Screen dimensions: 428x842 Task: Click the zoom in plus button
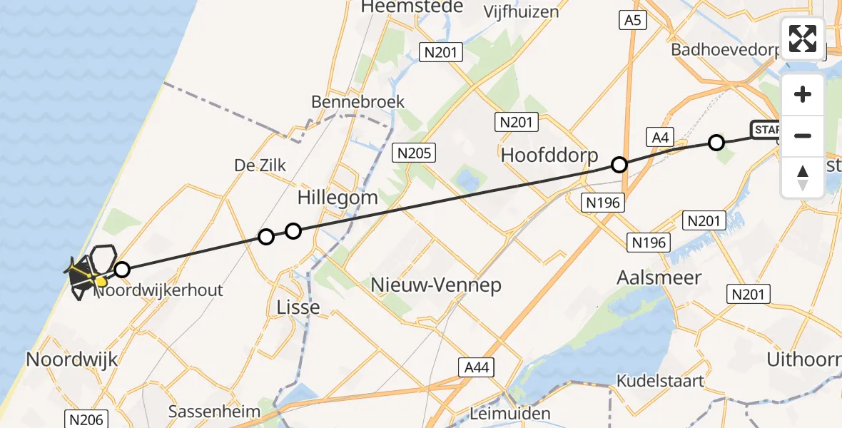[803, 94]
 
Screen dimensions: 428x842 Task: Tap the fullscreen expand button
[803, 39]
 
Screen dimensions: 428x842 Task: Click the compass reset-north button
[803, 177]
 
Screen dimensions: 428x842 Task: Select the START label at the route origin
[766, 130]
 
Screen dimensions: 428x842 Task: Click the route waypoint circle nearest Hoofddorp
[619, 165]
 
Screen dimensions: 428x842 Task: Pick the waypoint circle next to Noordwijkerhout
[122, 270]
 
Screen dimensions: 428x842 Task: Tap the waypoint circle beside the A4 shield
[716, 143]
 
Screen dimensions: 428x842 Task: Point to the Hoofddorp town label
[549, 155]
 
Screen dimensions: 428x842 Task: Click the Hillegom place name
[338, 198]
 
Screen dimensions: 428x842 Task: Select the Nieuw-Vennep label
[436, 285]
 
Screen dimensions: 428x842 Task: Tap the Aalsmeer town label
[659, 277]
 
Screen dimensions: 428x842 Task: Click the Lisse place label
[298, 307]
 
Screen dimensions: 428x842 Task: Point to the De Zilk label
[260, 165]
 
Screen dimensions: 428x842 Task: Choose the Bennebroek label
[357, 102]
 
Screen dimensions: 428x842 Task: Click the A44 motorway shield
[476, 367]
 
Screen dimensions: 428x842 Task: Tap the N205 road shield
[414, 152]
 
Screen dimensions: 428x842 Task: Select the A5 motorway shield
[632, 21]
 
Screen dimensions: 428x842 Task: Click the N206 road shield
[87, 419]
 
